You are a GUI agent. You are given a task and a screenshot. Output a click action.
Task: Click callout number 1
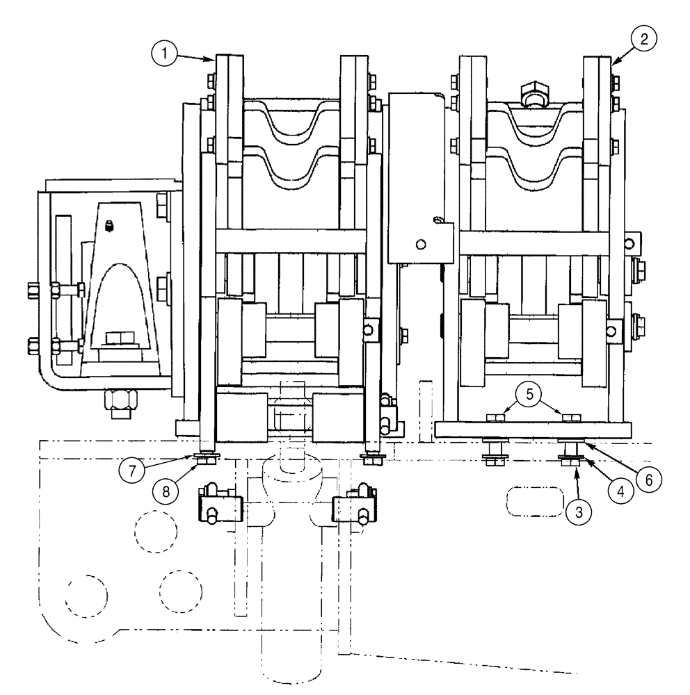click(x=164, y=51)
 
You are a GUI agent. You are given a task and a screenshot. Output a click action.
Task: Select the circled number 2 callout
click(x=643, y=40)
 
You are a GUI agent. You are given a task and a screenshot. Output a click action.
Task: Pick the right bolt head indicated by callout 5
click(x=571, y=417)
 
